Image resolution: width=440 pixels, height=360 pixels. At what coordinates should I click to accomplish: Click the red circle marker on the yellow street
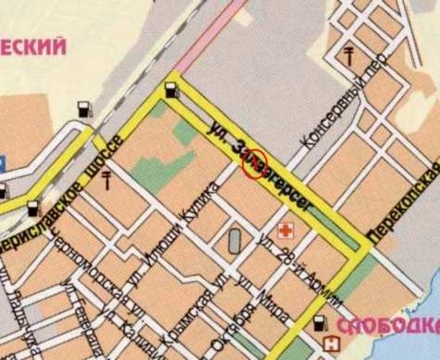tap(252, 165)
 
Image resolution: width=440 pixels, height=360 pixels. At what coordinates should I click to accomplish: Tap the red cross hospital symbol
tap(282, 231)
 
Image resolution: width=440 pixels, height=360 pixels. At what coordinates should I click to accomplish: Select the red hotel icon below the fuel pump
tap(330, 344)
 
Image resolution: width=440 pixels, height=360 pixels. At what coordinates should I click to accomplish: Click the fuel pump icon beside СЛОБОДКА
tap(319, 324)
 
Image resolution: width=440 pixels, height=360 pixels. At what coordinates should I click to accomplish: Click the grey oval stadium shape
tap(235, 240)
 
